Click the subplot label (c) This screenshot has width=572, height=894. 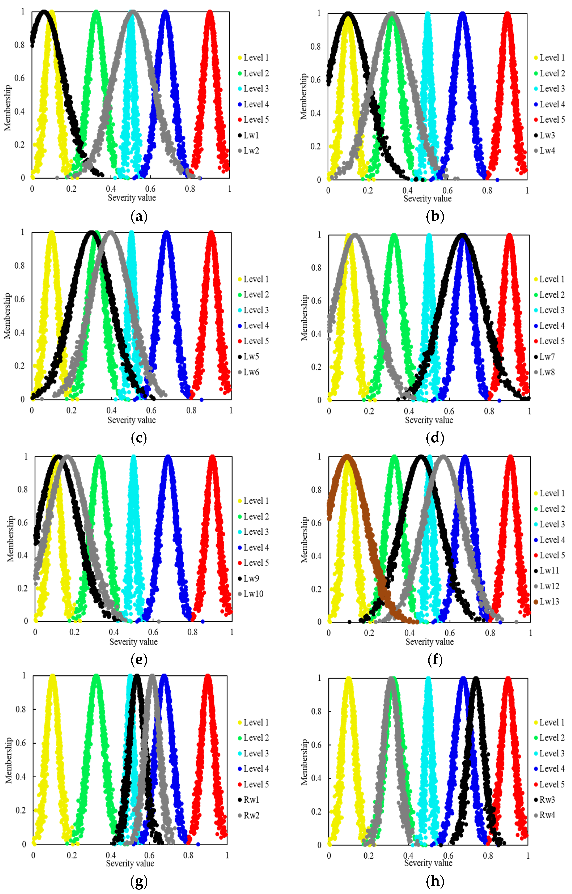[x=139, y=438]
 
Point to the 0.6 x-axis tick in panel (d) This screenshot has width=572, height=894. [x=449, y=411]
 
